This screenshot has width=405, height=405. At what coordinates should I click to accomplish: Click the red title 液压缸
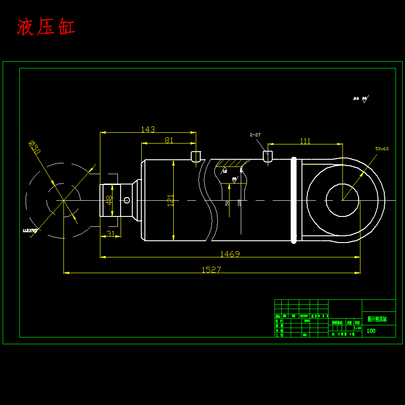pos(46,27)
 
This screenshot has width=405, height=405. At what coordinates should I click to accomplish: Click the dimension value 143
pos(148,129)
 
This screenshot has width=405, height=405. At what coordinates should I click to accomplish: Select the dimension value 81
pos(169,140)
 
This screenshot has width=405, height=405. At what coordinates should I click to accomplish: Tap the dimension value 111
pos(305,141)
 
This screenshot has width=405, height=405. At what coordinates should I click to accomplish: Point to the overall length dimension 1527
pos(211,270)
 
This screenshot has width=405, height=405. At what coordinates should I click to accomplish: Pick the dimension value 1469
pos(229,254)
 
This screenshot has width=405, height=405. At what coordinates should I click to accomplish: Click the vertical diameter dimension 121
pos(170,200)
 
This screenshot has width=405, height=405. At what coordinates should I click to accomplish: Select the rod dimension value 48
pos(109,200)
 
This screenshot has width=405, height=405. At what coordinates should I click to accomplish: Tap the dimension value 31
pos(110,233)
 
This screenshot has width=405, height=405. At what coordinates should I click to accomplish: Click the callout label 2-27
pos(255,135)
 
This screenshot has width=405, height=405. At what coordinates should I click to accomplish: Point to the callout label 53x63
pos(382,148)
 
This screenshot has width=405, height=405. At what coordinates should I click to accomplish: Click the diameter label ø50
pos(35,147)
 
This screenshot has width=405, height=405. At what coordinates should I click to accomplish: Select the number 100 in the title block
pos(371,331)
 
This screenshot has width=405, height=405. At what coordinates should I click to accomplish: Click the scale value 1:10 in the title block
pos(357,328)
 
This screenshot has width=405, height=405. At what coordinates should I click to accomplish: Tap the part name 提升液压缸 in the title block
pos(377,319)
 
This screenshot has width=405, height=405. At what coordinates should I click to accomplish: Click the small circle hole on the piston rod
pos(127,200)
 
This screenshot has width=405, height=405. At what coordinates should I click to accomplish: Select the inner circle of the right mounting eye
pos(342,200)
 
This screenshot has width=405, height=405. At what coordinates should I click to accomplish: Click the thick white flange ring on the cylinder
pos(294,200)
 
